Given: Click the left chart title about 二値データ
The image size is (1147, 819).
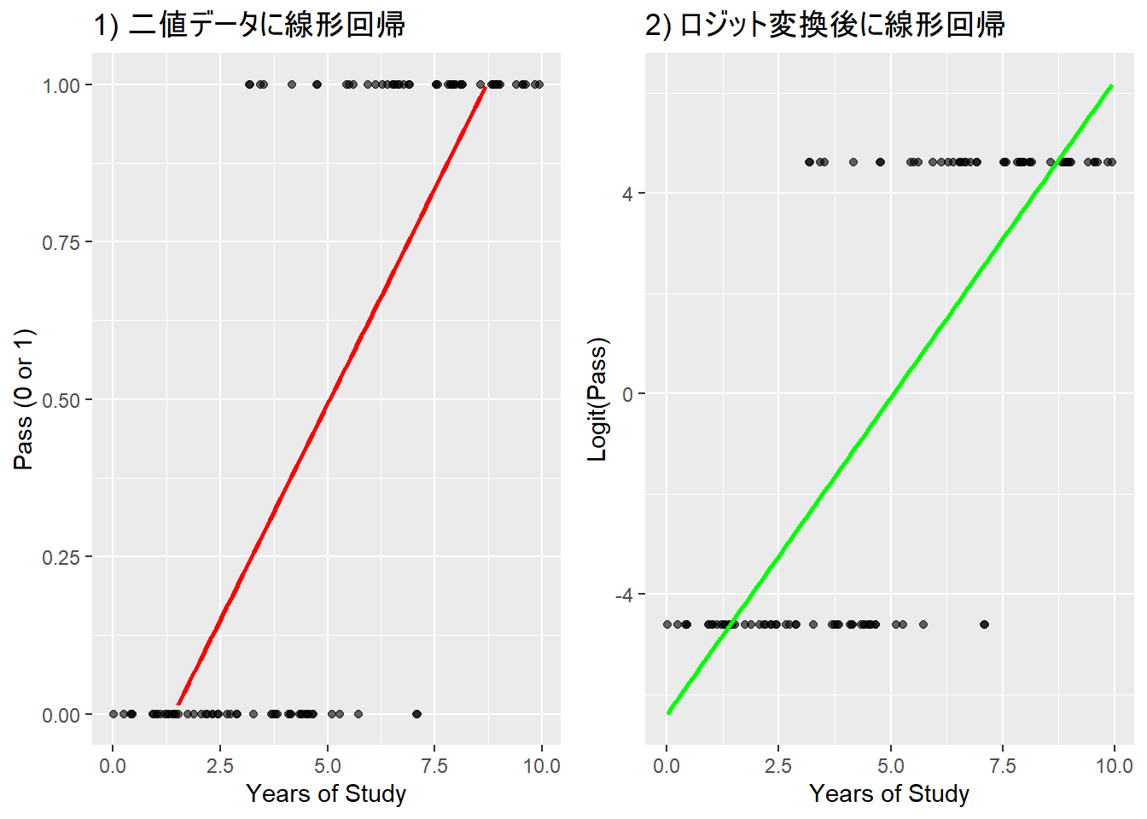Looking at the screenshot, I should coord(249,26).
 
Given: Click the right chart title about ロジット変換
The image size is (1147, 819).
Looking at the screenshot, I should coord(824,26).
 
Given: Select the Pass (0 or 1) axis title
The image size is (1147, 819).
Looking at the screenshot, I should coord(24,399).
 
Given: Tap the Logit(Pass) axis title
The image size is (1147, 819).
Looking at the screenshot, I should coord(597,399).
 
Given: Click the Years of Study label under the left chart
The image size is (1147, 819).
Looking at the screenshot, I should coord(326,793).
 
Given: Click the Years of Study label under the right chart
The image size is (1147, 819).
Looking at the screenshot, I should coord(889,793).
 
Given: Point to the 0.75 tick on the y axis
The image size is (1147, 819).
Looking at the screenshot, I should coord(61,242).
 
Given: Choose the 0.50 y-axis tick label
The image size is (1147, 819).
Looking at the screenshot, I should coord(61,400).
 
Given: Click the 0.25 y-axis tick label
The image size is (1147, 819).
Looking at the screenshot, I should coord(61,557).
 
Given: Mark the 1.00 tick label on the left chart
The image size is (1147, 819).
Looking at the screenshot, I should coord(61,85).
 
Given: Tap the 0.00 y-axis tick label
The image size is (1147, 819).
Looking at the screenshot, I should coord(61,715).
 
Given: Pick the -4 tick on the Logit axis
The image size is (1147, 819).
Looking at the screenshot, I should coord(624,595).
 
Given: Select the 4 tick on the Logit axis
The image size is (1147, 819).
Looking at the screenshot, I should coord(627,194).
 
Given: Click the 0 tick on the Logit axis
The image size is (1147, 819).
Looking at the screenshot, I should coord(627,394).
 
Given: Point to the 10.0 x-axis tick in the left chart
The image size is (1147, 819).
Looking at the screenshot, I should coord(541,765).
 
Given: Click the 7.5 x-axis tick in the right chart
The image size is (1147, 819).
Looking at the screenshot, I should coord(1002,765).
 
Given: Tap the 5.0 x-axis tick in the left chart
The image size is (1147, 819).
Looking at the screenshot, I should coord(327,765).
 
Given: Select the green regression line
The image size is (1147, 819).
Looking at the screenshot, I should coord(890,399).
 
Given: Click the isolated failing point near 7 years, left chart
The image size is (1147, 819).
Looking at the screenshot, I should coord(416,714).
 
